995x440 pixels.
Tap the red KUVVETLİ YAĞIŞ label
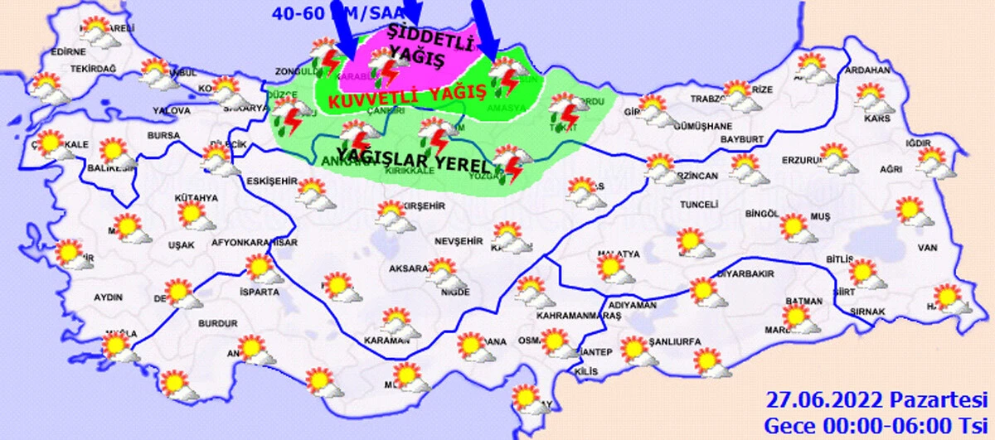pyautogui.click(x=406, y=98)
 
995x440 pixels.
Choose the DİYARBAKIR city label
pyautogui.click(x=721, y=273)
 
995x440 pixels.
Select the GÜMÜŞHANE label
pyautogui.click(x=703, y=127)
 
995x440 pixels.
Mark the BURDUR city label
pyautogui.click(x=218, y=324)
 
